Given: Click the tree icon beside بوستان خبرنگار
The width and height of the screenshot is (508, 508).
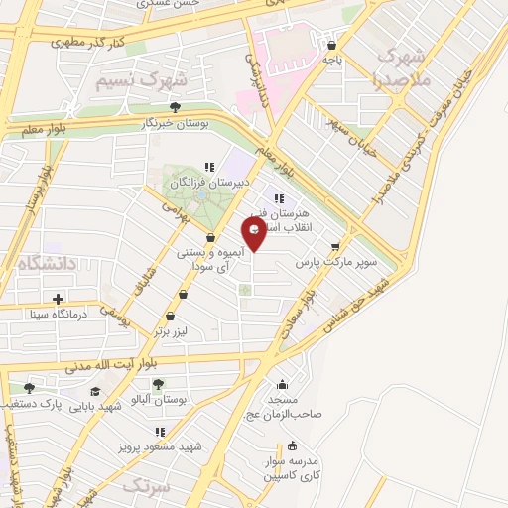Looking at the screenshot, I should tap(175, 107).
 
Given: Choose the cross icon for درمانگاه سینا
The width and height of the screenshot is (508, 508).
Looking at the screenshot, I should tap(58, 299).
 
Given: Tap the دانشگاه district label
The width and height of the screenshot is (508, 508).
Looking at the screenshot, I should tap(46, 262).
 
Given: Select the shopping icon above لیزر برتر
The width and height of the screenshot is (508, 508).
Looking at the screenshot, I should tap(170, 316).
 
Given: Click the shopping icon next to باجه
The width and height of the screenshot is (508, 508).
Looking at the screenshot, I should tap(331, 45).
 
